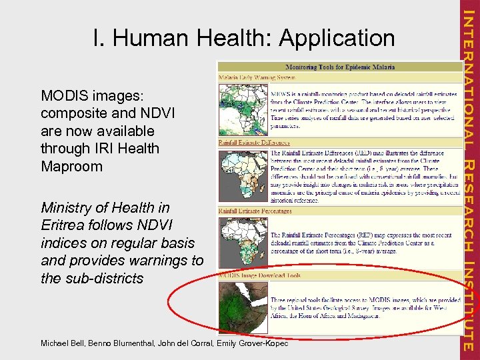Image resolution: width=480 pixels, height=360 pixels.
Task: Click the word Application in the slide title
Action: (x=337, y=38)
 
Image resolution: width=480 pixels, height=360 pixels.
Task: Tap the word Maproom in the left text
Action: (x=71, y=166)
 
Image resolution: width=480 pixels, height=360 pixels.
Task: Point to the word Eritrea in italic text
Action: (x=65, y=226)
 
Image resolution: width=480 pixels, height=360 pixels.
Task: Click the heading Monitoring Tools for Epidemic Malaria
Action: (x=340, y=67)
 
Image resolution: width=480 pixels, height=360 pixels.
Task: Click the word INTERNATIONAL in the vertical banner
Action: (x=469, y=77)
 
